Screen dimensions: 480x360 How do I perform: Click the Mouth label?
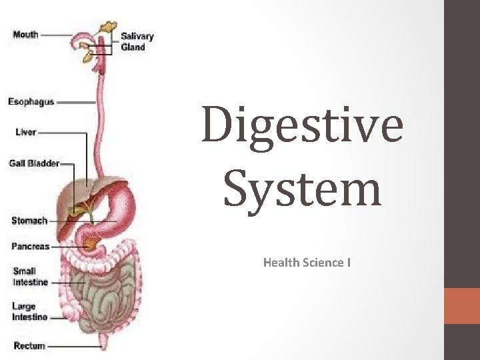point(25,33)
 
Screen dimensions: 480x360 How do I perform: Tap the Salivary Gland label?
point(137,41)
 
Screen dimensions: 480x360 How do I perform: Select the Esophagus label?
point(31,102)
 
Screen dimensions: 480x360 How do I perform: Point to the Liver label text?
point(26,132)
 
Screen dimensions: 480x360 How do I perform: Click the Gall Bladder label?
point(34,163)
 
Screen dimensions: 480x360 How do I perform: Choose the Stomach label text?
point(29,221)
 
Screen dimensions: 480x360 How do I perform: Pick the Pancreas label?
point(31,246)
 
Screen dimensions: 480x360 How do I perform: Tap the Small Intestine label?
point(30,277)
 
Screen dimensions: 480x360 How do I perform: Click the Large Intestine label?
point(30,311)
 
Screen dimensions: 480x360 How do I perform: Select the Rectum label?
point(29,345)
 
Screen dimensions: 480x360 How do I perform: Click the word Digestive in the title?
point(302,125)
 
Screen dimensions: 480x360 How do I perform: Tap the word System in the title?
point(302,188)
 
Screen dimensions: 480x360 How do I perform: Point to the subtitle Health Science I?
point(307,263)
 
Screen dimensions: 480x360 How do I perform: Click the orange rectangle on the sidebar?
point(461,306)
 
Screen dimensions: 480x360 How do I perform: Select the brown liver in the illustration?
point(73,200)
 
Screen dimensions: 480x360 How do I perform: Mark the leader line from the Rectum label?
point(73,346)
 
